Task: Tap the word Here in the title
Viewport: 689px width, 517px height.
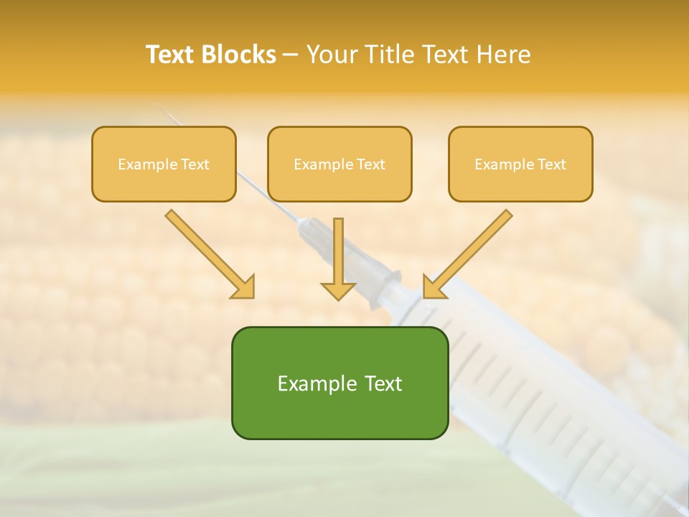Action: click(505, 55)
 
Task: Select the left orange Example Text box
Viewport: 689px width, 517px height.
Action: click(164, 164)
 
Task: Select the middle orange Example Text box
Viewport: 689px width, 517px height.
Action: click(339, 164)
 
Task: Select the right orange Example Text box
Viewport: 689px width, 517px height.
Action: click(520, 164)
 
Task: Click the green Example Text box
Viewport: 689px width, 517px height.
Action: click(339, 383)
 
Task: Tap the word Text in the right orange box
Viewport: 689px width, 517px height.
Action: click(552, 164)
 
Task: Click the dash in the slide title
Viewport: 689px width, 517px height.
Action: click(291, 55)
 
